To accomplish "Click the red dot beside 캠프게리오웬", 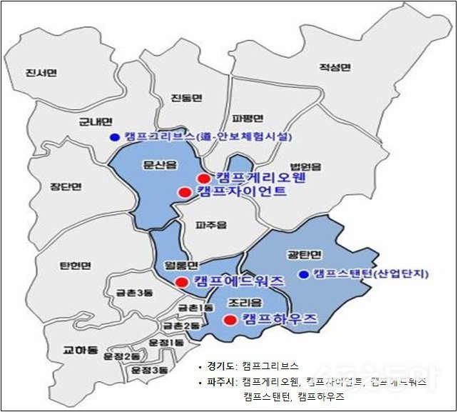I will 204,179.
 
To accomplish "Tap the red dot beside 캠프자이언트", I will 184,192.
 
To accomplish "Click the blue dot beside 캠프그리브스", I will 113,137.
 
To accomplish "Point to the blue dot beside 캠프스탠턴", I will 303,274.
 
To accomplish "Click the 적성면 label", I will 335,68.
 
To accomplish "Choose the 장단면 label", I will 66,187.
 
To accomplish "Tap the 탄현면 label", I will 76,266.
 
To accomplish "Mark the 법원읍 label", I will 305,166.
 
